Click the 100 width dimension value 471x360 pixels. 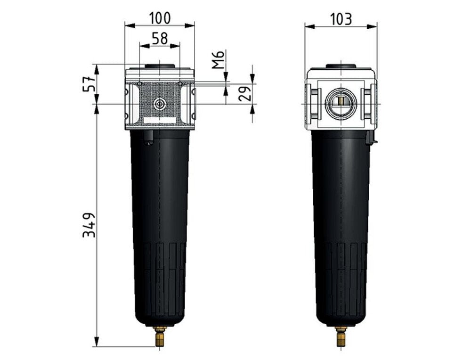160,18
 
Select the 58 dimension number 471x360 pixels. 160,39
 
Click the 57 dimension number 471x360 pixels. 89,84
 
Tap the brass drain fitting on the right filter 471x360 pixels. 340,336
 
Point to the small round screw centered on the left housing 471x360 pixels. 160,104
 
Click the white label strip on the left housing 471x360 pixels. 160,121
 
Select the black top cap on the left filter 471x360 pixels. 160,66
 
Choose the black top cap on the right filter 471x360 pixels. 340,66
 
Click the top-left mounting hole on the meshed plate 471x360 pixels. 140,84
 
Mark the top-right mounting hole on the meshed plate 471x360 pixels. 179,84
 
